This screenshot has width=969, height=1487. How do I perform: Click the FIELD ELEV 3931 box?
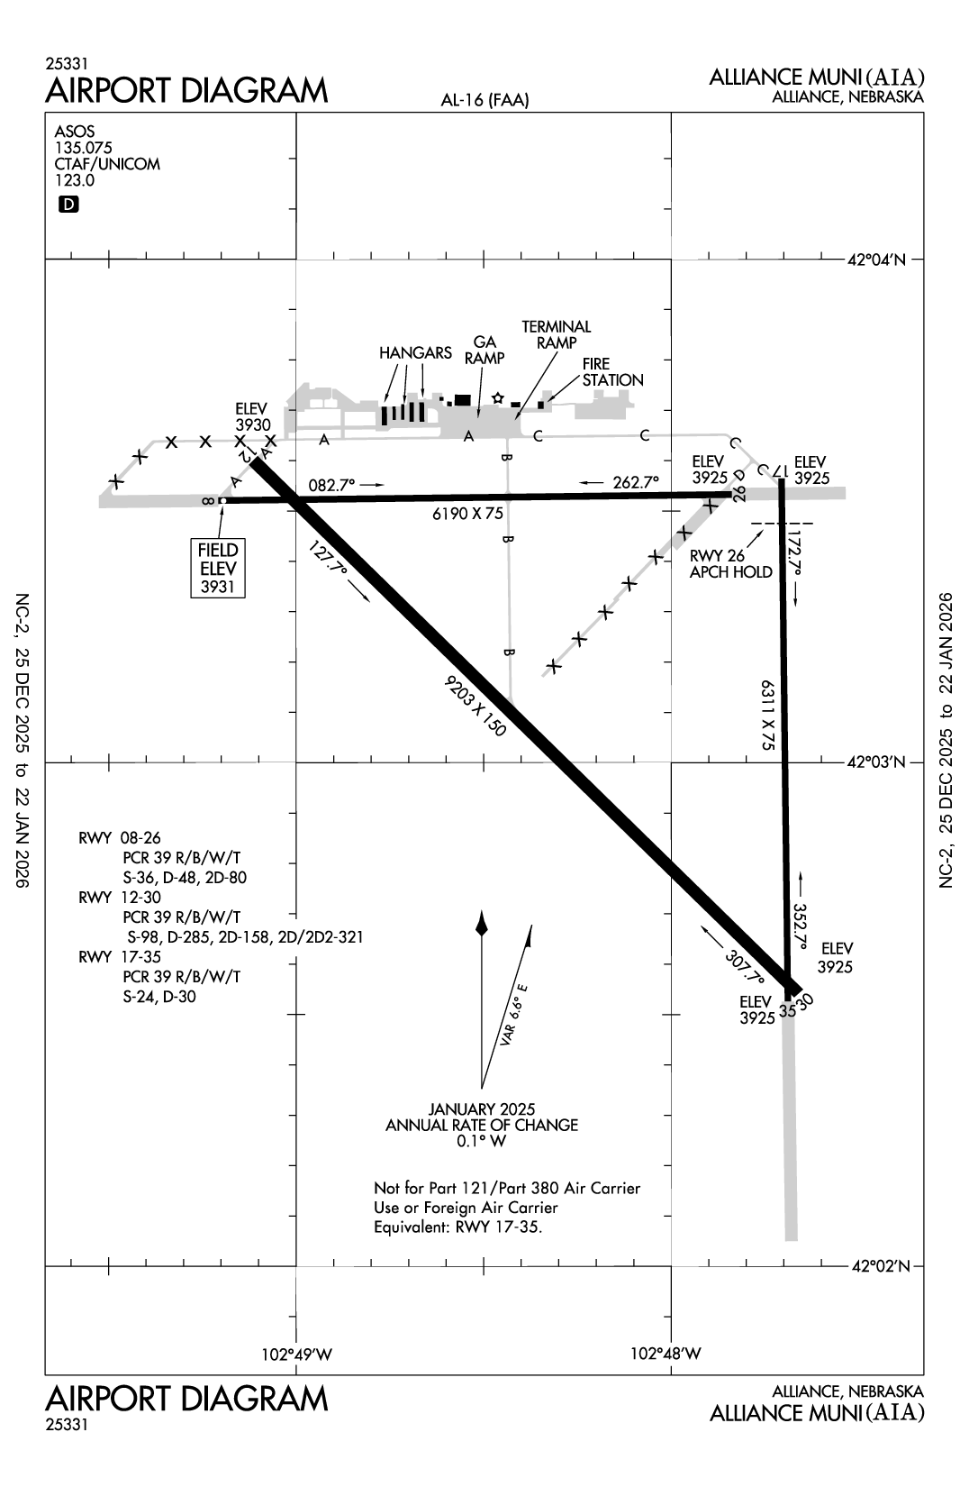[x=218, y=568]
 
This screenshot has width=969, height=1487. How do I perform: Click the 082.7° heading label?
[x=333, y=485]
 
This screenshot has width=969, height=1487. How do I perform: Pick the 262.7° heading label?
[x=636, y=482]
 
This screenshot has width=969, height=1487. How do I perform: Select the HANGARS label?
[x=415, y=352]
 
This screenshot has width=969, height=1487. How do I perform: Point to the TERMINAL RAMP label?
[x=556, y=334]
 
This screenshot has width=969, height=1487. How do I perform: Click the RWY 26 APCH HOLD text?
[x=730, y=564]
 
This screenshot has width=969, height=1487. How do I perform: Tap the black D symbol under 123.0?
[x=68, y=205]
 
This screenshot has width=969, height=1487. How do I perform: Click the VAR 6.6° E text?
[x=514, y=1014]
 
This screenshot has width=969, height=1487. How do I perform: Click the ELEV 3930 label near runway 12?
[x=253, y=416]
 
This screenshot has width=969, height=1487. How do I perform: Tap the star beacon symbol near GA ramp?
[x=497, y=397]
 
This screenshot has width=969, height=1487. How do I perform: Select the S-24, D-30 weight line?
[x=159, y=996]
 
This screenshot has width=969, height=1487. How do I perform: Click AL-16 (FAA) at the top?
[x=484, y=101]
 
